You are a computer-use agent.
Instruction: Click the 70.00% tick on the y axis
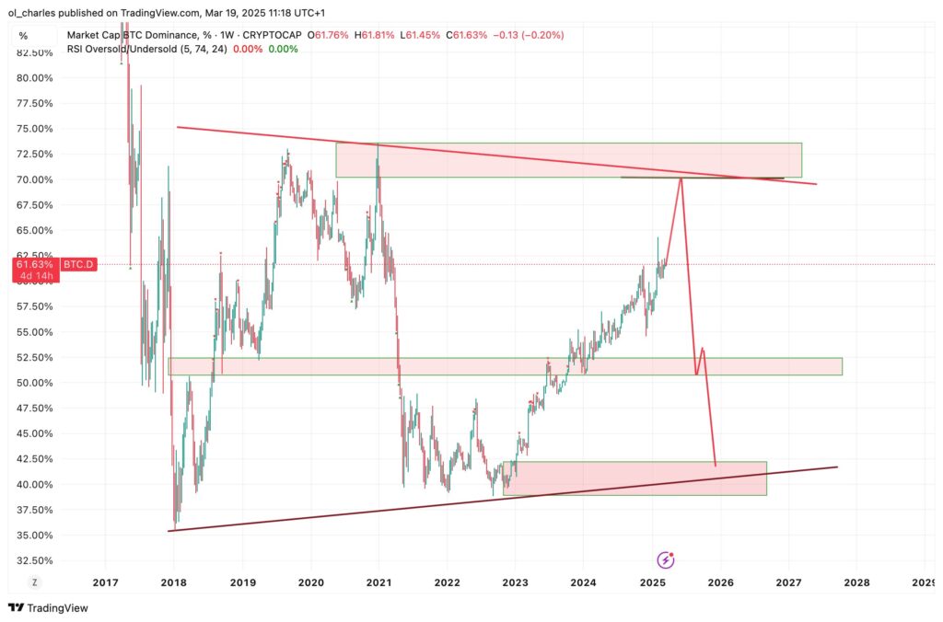pyautogui.click(x=35, y=179)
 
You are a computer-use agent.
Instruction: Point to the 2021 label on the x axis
pyautogui.click(x=378, y=582)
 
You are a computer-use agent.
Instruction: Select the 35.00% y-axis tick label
pyautogui.click(x=35, y=536)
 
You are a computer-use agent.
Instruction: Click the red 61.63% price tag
pyautogui.click(x=34, y=264)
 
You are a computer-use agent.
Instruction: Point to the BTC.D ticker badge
pyautogui.click(x=78, y=264)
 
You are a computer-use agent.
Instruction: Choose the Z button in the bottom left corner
pyautogui.click(x=35, y=582)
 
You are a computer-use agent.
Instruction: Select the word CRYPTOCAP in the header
pyautogui.click(x=273, y=35)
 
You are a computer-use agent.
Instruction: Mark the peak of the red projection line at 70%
pyautogui.click(x=681, y=179)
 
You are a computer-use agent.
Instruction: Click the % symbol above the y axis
pyautogui.click(x=23, y=36)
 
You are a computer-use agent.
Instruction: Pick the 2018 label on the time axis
pyautogui.click(x=173, y=582)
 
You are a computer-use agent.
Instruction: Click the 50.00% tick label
pyautogui.click(x=35, y=383)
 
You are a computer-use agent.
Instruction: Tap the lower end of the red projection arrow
pyautogui.click(x=716, y=466)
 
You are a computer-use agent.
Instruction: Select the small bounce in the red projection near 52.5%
pyautogui.click(x=703, y=349)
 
